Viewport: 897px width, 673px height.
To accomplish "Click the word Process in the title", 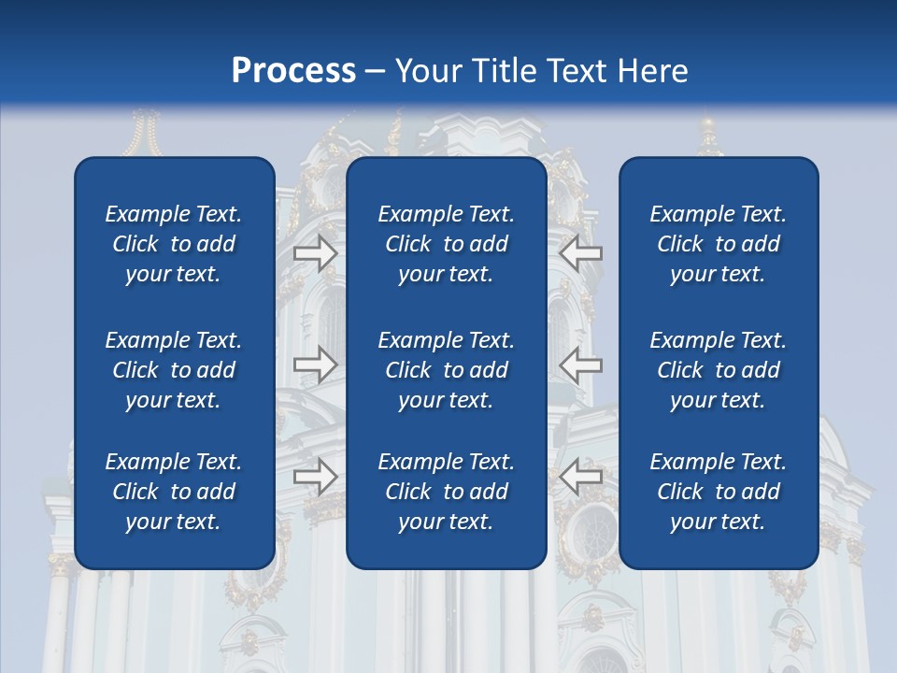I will [x=292, y=70].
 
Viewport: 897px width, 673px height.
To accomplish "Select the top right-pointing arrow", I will [x=315, y=252].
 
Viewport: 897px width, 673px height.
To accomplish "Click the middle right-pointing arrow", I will [x=315, y=365].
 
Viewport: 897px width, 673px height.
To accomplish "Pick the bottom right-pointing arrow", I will [x=315, y=478].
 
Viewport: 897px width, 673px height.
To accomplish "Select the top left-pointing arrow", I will [x=581, y=252].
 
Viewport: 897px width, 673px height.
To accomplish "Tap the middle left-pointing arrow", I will [x=581, y=365].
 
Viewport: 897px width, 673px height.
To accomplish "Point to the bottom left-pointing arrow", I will [x=581, y=478].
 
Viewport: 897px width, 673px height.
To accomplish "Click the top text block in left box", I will [x=174, y=244].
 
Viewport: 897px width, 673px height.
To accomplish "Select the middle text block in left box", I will [x=174, y=370].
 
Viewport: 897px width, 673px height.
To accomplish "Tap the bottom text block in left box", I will [x=174, y=492].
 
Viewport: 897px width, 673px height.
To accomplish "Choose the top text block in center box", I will [x=446, y=244].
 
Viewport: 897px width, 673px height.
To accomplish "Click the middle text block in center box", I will [x=446, y=370].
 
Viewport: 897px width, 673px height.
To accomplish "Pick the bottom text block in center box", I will [x=446, y=492].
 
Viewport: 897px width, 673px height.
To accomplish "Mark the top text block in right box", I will [x=718, y=244].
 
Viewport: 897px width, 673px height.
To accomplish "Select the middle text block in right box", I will [x=718, y=370].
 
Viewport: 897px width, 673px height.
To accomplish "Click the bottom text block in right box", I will [x=718, y=492].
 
